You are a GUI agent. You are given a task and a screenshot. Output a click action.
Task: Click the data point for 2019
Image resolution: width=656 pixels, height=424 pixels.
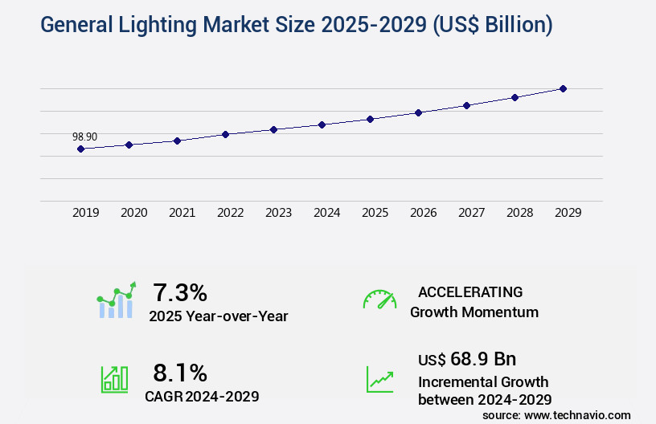[80, 149]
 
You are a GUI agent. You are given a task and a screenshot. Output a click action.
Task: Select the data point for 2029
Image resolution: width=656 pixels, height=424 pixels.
[563, 88]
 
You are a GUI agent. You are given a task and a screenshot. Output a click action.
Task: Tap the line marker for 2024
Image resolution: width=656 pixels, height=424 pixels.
[322, 124]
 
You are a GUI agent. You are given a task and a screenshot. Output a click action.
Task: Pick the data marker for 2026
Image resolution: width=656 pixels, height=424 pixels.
[418, 112]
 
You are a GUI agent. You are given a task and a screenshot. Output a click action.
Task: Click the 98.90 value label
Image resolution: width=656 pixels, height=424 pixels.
[84, 137]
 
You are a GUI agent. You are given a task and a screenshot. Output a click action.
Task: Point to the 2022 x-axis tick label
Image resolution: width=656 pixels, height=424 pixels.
[230, 213]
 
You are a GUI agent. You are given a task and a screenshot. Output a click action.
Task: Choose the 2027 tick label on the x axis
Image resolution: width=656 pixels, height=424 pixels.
[471, 213]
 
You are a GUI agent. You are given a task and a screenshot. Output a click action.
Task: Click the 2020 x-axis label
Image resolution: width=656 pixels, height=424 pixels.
[133, 213]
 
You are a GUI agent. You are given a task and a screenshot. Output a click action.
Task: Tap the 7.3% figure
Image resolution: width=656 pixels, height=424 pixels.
[180, 291]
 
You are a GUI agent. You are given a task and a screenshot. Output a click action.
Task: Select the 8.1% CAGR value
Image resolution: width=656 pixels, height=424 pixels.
[180, 373]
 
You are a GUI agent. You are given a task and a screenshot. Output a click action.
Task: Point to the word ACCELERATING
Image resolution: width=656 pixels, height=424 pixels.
[470, 291]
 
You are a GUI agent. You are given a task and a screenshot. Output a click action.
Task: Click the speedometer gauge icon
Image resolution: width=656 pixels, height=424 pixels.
[379, 300]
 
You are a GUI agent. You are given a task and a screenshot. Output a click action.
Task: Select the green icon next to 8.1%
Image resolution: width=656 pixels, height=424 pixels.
[114, 379]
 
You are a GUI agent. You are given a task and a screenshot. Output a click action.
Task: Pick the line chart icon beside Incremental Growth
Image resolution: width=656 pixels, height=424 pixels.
[379, 379]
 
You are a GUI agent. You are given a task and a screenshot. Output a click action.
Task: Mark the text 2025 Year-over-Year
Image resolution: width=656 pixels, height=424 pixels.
[218, 316]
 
